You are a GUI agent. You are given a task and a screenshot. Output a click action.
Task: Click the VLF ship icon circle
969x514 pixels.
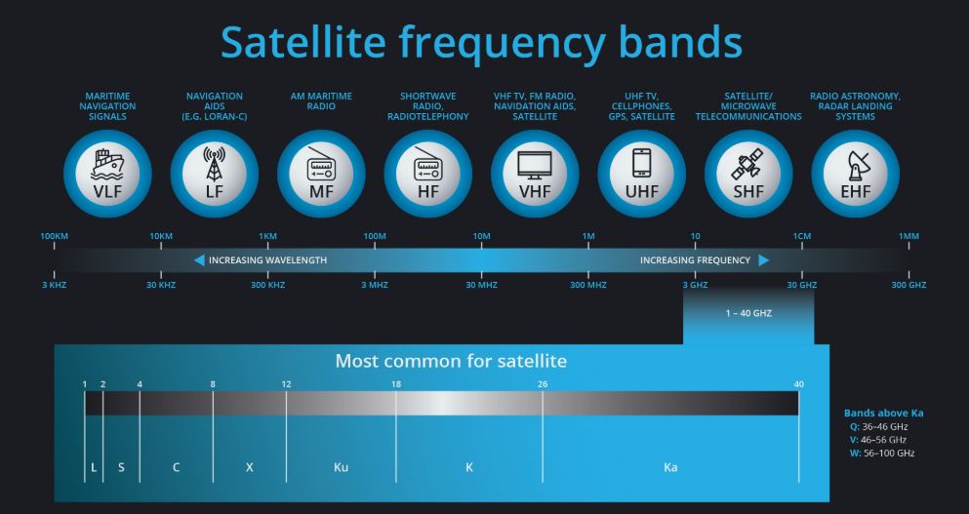click(107, 174)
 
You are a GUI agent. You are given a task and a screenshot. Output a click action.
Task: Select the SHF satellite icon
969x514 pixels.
click(747, 164)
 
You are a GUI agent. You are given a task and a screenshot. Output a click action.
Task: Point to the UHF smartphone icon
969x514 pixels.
click(641, 164)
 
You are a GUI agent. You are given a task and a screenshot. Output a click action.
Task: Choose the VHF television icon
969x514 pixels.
click(535, 165)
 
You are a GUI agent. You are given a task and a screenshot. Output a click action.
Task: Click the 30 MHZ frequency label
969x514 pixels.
click(481, 285)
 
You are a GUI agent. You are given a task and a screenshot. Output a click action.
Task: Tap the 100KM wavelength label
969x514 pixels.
click(55, 236)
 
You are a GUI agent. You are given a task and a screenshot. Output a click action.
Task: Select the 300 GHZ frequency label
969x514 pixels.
click(908, 285)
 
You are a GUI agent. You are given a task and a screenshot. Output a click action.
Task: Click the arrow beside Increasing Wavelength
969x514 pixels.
click(199, 260)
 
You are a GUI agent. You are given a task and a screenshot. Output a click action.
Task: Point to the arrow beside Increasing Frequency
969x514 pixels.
click(764, 260)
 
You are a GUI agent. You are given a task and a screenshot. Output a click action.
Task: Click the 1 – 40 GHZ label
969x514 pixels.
click(748, 313)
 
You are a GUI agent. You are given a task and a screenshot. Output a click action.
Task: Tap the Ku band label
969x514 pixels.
click(342, 467)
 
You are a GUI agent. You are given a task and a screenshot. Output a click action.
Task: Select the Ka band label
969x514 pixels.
click(670, 467)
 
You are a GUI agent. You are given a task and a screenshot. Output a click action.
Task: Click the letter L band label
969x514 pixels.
click(94, 467)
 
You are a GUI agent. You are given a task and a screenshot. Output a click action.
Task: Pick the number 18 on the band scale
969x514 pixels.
click(396, 384)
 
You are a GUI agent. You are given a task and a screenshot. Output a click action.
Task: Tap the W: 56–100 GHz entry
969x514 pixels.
click(882, 453)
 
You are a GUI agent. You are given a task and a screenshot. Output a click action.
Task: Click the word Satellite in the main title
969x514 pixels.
click(303, 42)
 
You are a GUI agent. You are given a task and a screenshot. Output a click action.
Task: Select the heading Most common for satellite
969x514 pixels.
click(451, 361)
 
